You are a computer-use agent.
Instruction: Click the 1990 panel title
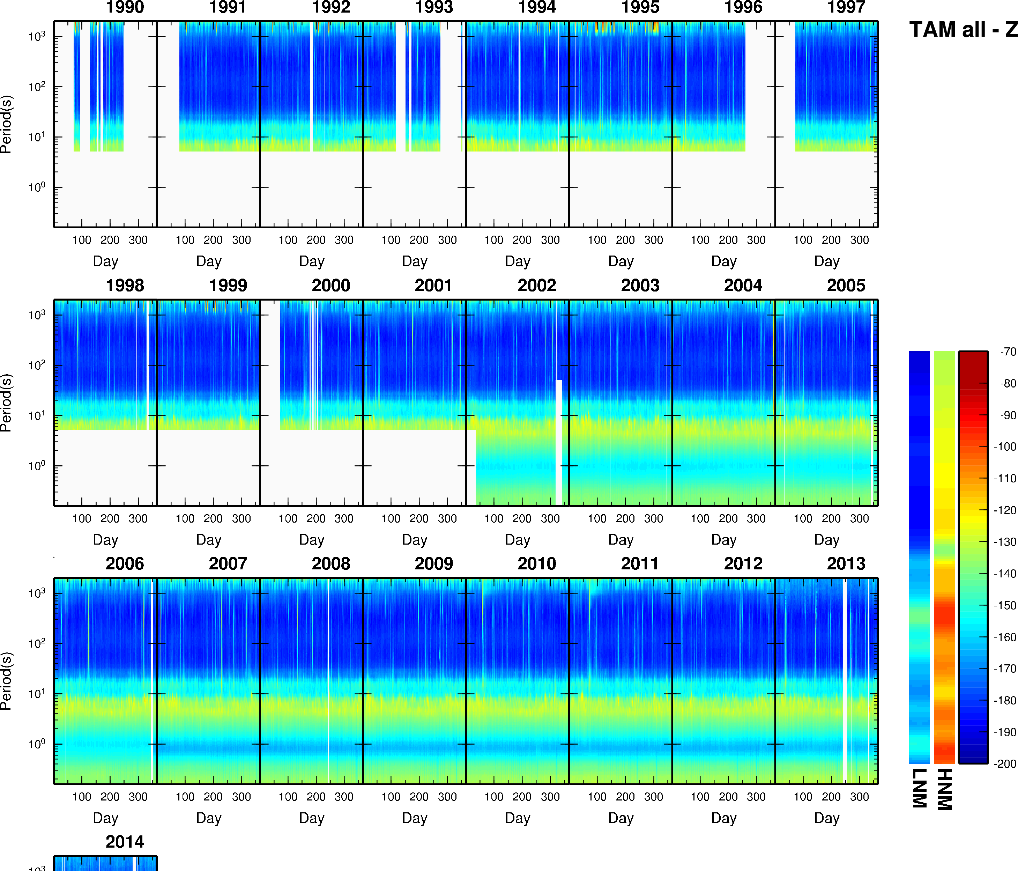[125, 7]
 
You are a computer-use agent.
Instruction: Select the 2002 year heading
[536, 286]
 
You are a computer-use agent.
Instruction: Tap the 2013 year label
[846, 564]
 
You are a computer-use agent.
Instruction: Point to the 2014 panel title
[125, 842]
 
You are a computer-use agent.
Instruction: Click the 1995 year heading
[640, 7]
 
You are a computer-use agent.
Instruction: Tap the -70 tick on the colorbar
[1008, 352]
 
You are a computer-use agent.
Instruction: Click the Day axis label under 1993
[415, 261]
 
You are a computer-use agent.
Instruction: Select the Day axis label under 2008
[312, 818]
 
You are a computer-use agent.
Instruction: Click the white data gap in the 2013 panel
[845, 681]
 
